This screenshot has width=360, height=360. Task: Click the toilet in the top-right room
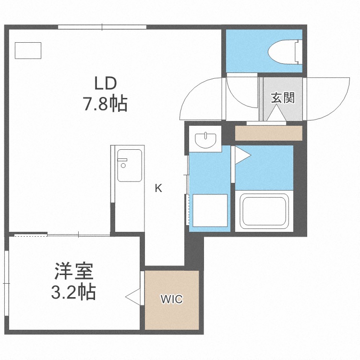coord(285,52)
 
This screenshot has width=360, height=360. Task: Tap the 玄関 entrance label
coord(283,97)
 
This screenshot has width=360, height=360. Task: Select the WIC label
coord(172,299)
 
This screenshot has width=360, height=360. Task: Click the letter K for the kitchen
coord(158,188)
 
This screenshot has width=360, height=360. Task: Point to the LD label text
coord(106,84)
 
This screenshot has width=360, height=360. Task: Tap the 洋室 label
coord(74,271)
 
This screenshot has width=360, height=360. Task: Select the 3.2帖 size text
coord(73,292)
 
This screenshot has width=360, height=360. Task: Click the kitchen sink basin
coord(130,165)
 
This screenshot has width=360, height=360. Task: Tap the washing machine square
coord(210,210)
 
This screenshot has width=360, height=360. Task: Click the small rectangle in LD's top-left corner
coord(28,50)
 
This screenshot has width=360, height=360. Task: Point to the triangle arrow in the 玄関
coord(276,113)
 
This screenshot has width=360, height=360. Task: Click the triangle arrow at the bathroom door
coord(243,156)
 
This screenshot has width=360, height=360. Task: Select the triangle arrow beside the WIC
coord(132,297)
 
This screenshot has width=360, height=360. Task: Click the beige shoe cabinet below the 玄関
coord(269,133)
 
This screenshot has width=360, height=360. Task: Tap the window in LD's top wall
coord(102,27)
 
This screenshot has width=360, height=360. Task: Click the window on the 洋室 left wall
coord(6,284)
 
